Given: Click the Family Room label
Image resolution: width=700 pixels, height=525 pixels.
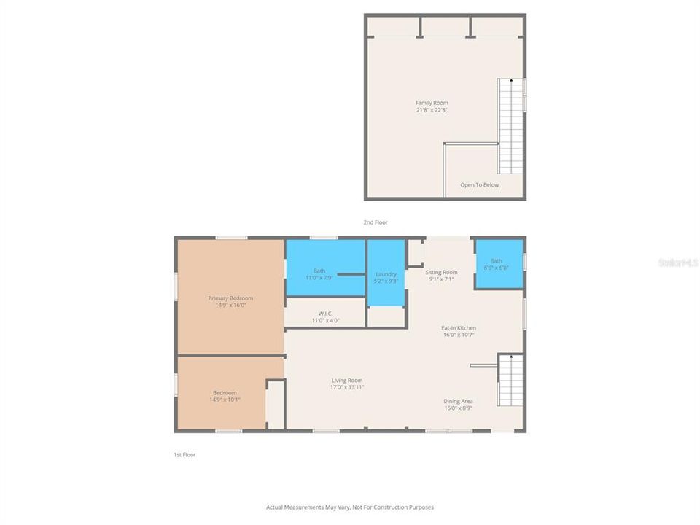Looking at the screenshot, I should (x=432, y=103).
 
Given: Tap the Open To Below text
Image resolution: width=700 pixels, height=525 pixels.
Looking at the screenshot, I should (x=480, y=185).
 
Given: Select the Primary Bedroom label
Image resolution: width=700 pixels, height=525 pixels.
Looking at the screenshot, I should (x=230, y=298).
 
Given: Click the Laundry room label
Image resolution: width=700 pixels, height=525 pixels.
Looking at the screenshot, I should (x=386, y=274).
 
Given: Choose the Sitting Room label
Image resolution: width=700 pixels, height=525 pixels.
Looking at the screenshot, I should (x=441, y=272).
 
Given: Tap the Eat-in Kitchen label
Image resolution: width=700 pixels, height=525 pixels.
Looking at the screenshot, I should (x=459, y=328).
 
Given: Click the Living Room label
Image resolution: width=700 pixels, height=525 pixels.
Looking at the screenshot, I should (x=347, y=380).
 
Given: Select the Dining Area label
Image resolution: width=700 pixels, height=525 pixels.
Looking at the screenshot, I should (x=459, y=401).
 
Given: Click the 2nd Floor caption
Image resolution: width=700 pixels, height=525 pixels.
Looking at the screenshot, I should (x=376, y=222).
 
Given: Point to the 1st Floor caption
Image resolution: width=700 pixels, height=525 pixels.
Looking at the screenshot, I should (x=184, y=455).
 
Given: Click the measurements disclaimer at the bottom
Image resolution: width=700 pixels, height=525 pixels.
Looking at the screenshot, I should (x=350, y=507).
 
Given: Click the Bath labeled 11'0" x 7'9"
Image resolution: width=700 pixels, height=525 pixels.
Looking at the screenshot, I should (x=319, y=274).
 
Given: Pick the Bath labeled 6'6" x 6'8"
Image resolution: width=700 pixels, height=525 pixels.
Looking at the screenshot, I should (x=497, y=264).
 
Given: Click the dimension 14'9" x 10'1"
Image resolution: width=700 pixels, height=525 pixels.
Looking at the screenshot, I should (x=225, y=400).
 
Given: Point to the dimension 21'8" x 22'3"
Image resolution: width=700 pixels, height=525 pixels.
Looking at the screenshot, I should (x=432, y=110).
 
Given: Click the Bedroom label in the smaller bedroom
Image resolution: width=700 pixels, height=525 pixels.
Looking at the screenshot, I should (x=225, y=393).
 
